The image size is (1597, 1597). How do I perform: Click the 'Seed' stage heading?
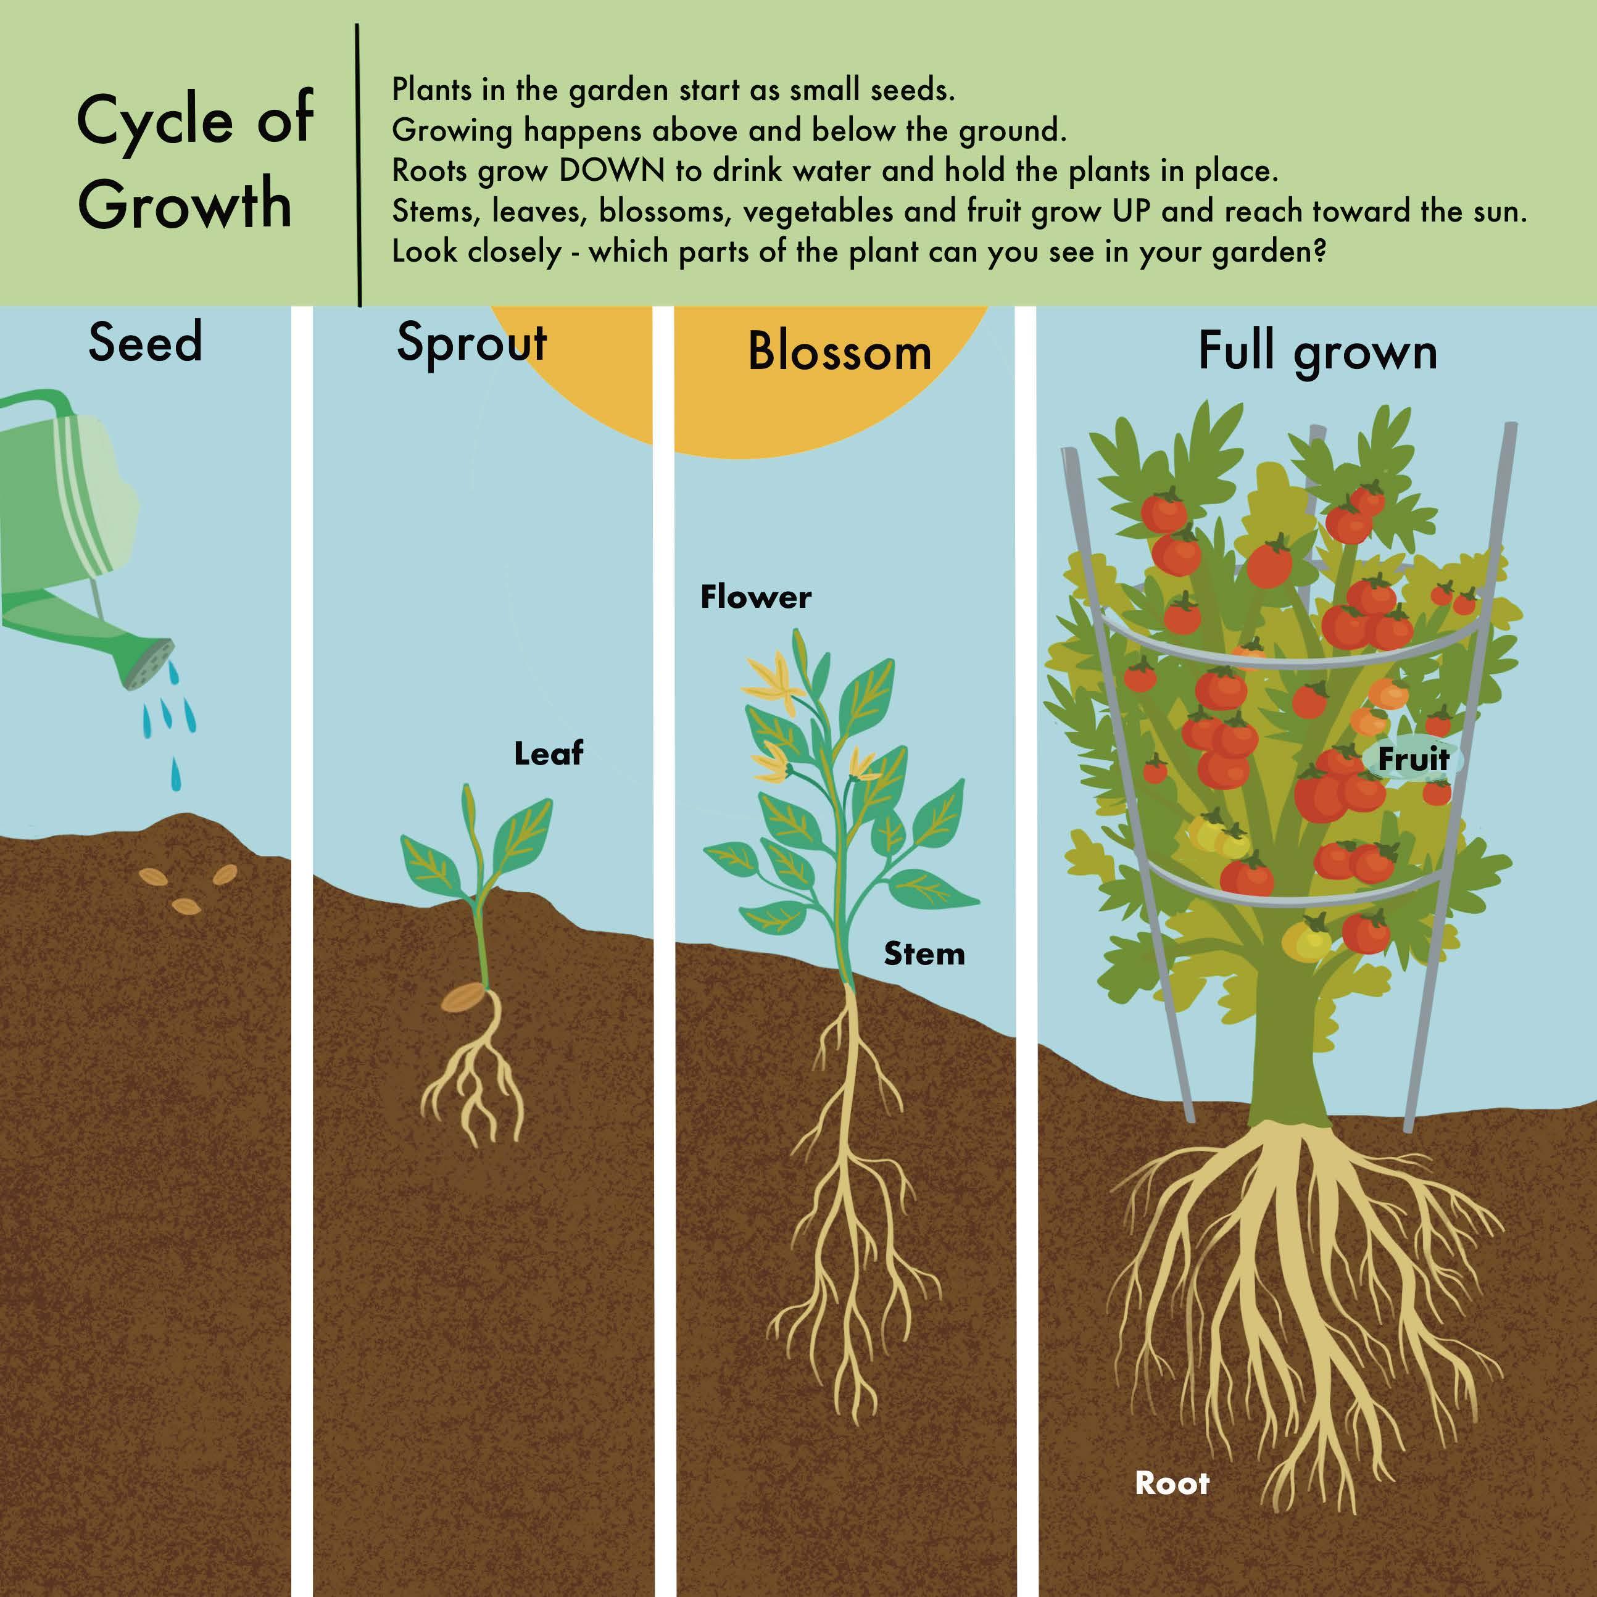(x=146, y=342)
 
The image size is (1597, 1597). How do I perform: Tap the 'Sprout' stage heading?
(x=471, y=344)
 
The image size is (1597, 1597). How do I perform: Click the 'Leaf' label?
(x=548, y=753)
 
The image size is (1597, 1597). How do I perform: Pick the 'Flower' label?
(x=755, y=597)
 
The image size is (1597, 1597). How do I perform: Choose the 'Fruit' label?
(x=1414, y=759)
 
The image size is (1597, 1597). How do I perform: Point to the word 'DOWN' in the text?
(x=612, y=171)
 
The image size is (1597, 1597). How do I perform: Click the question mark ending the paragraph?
(x=1319, y=251)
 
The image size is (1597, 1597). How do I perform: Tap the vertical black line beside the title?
(x=359, y=165)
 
